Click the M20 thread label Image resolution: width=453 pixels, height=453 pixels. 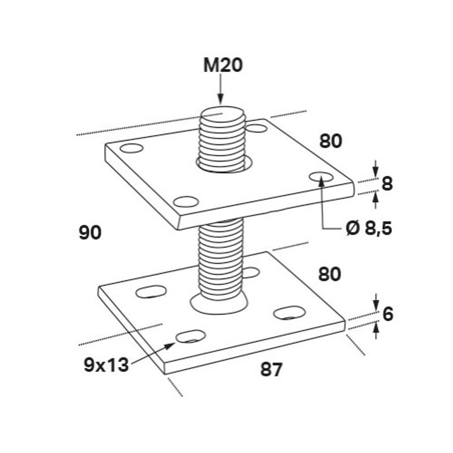pos(223,66)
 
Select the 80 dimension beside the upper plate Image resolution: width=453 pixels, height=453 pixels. pos(331,141)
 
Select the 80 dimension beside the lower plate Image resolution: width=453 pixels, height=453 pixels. pos(330,275)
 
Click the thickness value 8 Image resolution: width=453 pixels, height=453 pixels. pos(387,183)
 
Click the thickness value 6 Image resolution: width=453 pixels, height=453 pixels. pos(387,314)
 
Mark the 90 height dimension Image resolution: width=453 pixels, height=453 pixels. pos(89,232)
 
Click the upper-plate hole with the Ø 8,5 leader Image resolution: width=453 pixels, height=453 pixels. pos(322,177)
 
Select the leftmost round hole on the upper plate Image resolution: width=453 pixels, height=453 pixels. pos(132,149)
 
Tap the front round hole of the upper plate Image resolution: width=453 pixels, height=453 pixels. pos(186,201)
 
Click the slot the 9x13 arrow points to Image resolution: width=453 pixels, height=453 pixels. pos(191,336)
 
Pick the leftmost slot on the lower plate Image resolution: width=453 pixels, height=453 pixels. pos(152,292)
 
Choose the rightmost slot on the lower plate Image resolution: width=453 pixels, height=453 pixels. pos(289,312)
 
